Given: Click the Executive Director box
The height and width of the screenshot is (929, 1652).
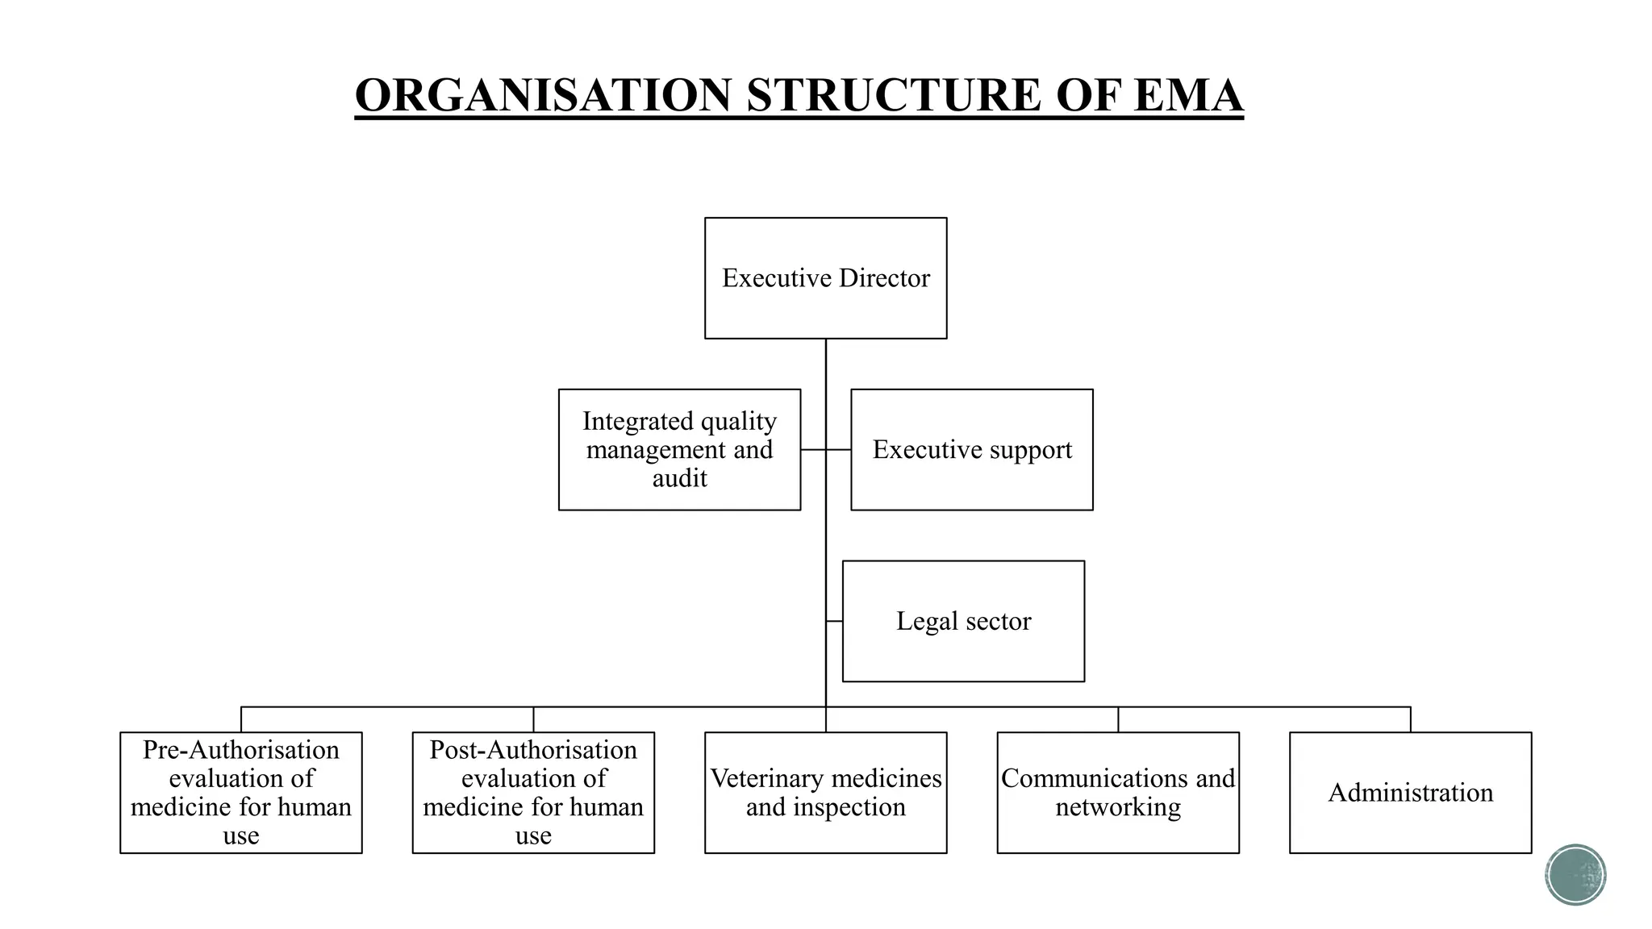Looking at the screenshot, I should (825, 277).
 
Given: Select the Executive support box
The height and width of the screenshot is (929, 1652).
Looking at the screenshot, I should (971, 449).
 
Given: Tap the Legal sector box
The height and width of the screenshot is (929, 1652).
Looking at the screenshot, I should (963, 621).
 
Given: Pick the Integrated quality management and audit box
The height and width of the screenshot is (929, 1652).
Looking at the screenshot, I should (679, 449).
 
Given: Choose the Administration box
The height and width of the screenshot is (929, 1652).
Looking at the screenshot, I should (1410, 792).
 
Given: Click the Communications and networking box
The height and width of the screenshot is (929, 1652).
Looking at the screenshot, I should (1118, 792).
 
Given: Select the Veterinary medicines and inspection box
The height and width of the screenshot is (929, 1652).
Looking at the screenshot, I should (825, 792).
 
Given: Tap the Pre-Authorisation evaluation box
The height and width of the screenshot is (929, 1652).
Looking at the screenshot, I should (240, 792).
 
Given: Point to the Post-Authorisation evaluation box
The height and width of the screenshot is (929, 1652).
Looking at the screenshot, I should (533, 792).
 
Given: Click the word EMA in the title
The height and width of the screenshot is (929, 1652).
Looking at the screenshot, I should (1187, 95).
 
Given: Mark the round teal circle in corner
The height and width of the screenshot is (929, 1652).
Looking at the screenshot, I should (1575, 874).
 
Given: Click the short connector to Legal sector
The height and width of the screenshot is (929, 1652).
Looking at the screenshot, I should (835, 621).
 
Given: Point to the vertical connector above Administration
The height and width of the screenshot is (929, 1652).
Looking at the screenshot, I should (1410, 719).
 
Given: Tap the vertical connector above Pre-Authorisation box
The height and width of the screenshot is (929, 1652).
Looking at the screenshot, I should (241, 719).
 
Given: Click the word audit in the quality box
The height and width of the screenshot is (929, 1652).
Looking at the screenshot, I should (679, 478).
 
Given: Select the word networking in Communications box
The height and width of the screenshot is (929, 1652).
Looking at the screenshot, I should (1118, 806).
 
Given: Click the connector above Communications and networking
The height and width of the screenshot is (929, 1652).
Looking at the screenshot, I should (1118, 719).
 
